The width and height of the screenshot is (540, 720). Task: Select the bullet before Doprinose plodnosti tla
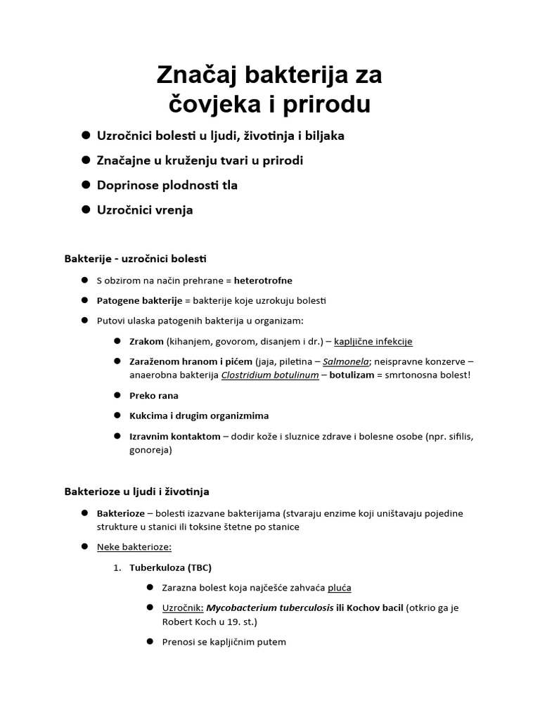click(86, 185)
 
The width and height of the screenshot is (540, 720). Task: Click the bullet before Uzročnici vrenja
click(86, 210)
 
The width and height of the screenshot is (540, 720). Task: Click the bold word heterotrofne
click(263, 281)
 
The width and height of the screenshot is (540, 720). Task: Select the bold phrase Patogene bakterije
click(139, 301)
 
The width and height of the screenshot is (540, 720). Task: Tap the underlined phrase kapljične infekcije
click(373, 342)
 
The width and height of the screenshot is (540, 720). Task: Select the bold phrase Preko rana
click(154, 395)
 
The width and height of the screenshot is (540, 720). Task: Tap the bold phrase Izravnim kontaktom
click(174, 437)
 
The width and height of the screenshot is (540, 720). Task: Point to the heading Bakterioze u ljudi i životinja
click(136, 491)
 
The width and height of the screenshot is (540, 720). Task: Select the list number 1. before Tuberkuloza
click(117, 567)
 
